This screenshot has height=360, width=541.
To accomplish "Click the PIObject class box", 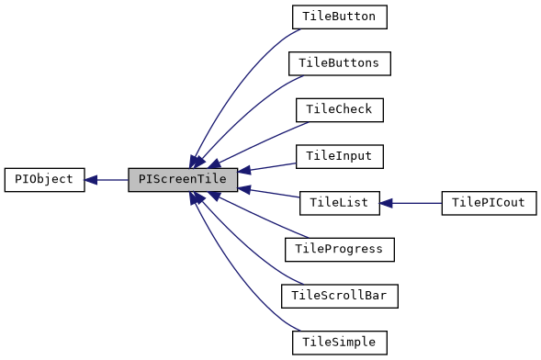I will click(x=44, y=180).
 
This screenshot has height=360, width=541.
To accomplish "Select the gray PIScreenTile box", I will click(x=183, y=180).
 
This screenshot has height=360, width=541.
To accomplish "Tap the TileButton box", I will click(x=339, y=17).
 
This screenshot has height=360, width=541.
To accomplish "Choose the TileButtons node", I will click(x=339, y=63).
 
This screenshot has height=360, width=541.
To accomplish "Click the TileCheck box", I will click(x=339, y=109).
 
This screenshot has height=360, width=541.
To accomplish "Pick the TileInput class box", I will click(x=339, y=156).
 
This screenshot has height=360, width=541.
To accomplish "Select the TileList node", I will click(x=339, y=203).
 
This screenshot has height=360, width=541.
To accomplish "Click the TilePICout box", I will click(x=488, y=203).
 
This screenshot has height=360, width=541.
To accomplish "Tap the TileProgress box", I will click(x=339, y=249).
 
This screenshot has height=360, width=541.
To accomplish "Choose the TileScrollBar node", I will click(x=339, y=296).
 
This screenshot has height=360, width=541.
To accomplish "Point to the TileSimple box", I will click(x=339, y=343).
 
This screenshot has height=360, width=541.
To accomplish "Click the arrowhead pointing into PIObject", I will click(x=92, y=180).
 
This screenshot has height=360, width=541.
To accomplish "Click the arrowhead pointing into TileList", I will click(x=387, y=203).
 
